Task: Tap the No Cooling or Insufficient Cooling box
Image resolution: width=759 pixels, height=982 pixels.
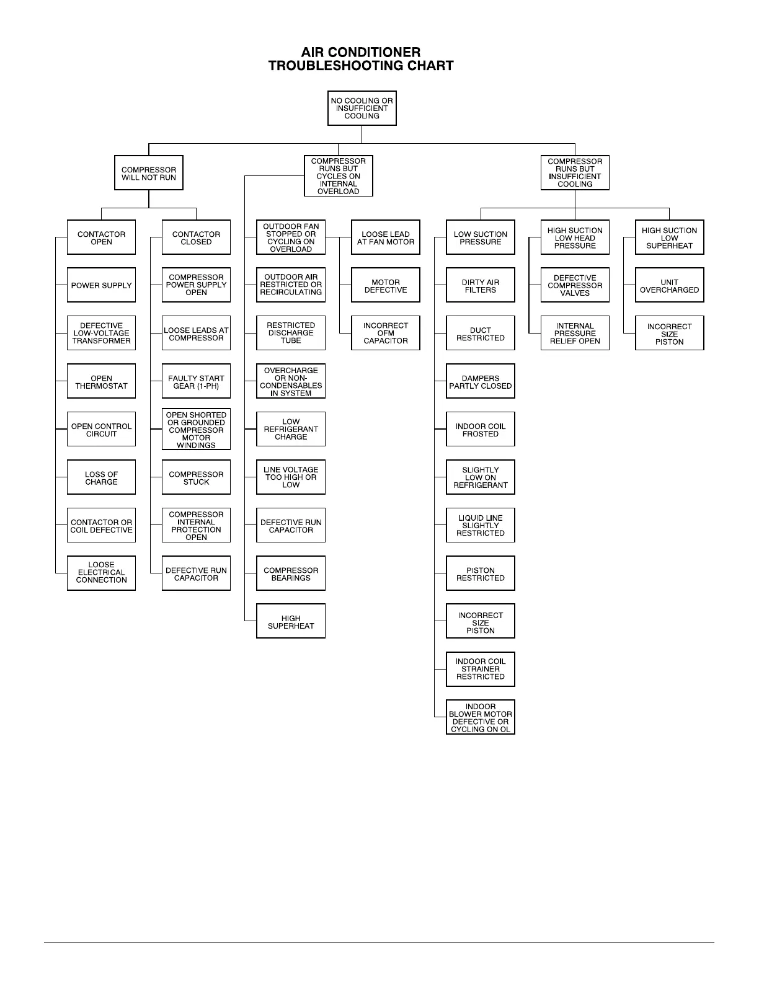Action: coord(362,108)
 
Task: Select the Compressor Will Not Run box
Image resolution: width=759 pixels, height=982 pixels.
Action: coord(149,173)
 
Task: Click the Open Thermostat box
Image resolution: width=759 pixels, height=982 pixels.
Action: coord(101,382)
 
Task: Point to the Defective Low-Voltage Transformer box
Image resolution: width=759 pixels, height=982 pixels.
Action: coord(101,334)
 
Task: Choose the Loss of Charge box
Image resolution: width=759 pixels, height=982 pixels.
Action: coord(101,478)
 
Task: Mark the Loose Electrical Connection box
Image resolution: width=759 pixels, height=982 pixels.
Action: coord(101,573)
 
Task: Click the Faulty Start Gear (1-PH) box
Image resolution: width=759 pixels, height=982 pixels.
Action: coord(196,382)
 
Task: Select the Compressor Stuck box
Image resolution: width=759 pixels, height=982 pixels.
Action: coord(196,478)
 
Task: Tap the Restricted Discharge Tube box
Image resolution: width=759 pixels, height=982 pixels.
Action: coord(291,334)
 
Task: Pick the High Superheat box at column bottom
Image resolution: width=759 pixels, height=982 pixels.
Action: coord(291,622)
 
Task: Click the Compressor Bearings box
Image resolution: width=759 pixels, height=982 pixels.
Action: coord(291,574)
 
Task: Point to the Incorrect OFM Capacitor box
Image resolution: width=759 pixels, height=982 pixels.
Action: coord(386,334)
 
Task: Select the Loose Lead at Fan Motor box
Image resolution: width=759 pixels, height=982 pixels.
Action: coord(386,238)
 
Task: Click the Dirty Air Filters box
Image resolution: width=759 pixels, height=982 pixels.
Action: coord(481,286)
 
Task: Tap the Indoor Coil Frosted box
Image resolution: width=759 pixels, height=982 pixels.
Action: coord(481,430)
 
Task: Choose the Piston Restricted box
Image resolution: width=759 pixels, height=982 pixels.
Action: coord(481,574)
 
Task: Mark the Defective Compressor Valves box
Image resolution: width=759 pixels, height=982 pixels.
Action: coord(575,286)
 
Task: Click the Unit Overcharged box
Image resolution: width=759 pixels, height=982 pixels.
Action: coord(670,286)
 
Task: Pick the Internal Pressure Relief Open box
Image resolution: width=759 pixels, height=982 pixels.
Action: coord(575,334)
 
